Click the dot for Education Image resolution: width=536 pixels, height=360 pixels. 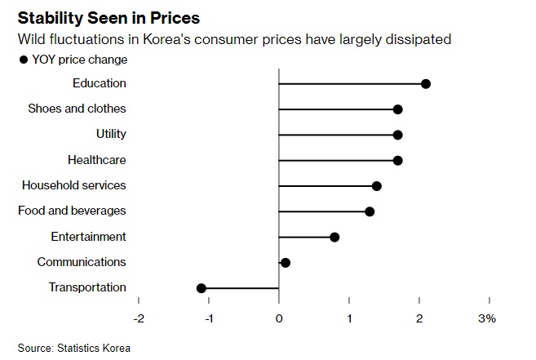[425, 83]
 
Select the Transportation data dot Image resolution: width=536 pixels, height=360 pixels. [202, 287]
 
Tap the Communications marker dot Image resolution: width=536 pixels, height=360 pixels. [286, 262]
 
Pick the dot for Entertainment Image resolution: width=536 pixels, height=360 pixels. [334, 237]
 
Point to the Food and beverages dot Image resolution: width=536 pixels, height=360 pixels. [370, 211]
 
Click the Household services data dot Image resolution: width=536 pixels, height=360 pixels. [376, 185]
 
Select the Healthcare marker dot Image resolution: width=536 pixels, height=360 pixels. [397, 160]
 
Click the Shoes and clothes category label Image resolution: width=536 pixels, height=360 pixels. [77, 109]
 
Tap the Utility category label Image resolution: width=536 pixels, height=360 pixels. [111, 134]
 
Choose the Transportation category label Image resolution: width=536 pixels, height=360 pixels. [87, 287]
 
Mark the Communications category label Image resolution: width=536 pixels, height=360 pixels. [82, 262]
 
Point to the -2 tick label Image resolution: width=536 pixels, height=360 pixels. [139, 318]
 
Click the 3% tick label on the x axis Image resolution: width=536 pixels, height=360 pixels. [487, 318]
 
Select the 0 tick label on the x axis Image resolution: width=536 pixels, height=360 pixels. [279, 318]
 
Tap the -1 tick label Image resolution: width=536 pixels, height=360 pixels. [209, 318]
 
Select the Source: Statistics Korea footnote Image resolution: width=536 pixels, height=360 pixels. [73, 348]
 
